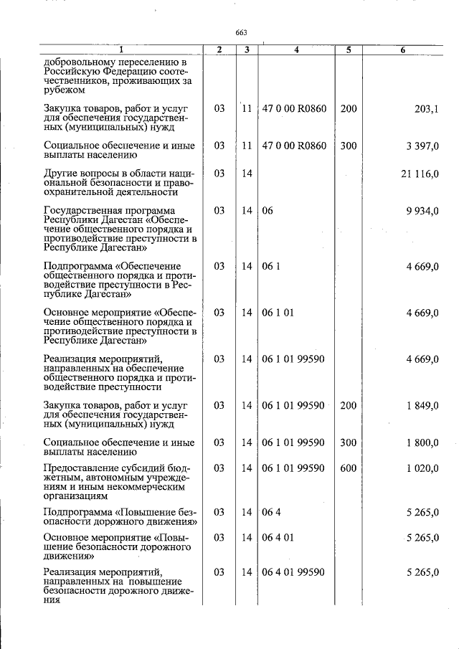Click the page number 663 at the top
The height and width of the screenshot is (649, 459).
point(241,33)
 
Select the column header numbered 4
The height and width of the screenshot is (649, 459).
point(296,49)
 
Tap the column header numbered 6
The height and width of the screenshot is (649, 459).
point(404,49)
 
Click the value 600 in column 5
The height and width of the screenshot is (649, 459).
point(348,468)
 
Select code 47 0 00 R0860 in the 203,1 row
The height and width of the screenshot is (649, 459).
point(294,108)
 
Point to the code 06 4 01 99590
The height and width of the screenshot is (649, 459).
point(294,572)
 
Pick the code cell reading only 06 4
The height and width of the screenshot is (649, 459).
point(270,512)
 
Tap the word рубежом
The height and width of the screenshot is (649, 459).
point(65,90)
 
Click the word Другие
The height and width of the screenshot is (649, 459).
point(61,174)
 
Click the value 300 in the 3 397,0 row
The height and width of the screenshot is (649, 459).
point(348,146)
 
